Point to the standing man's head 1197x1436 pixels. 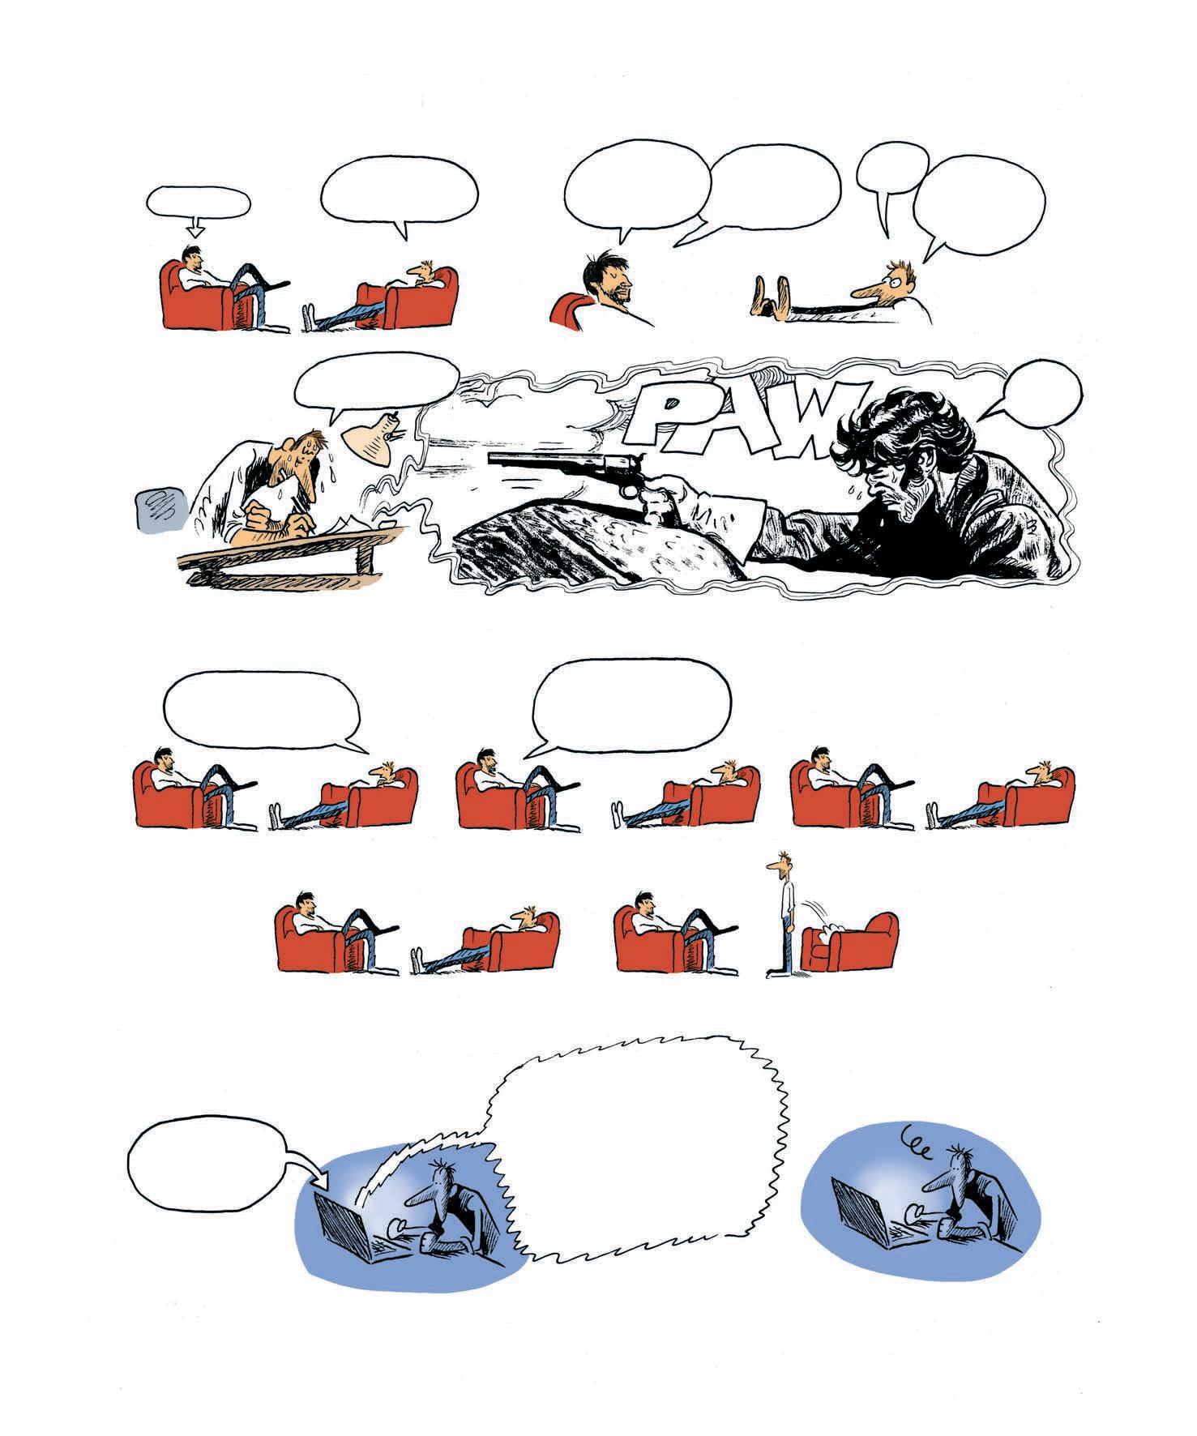pos(780,864)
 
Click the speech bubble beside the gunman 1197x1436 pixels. pos(1038,389)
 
